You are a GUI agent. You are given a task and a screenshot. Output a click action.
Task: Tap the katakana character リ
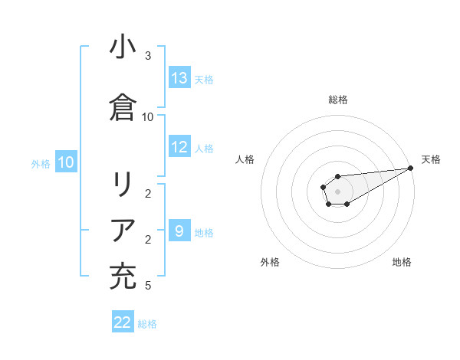(x=123, y=185)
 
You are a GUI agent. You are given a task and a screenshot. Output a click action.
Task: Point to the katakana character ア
(x=123, y=230)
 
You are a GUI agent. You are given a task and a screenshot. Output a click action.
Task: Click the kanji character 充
(x=123, y=276)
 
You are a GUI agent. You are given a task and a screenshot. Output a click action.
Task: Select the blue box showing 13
(x=179, y=78)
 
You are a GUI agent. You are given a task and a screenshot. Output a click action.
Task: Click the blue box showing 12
(x=179, y=148)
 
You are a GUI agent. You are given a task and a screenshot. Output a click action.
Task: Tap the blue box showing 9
(x=179, y=231)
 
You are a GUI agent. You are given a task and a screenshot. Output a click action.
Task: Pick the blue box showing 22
(x=123, y=322)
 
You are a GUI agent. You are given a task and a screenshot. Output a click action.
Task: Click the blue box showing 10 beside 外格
(x=66, y=162)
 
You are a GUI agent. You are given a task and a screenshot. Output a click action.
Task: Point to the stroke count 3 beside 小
(x=148, y=56)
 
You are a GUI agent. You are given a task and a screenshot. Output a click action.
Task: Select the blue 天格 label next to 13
(x=204, y=79)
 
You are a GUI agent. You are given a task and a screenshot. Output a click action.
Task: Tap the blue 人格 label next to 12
(x=204, y=149)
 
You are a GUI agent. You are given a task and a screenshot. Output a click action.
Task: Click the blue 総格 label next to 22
(x=147, y=324)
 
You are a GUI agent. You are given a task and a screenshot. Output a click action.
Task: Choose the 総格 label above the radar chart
(x=338, y=100)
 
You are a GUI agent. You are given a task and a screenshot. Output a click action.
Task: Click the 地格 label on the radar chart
(x=402, y=262)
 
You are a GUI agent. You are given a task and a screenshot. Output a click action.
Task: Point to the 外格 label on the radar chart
(x=270, y=262)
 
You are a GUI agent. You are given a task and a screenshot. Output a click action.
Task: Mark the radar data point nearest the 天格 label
(x=411, y=169)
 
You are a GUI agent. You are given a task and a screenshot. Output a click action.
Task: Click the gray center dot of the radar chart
(x=337, y=190)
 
